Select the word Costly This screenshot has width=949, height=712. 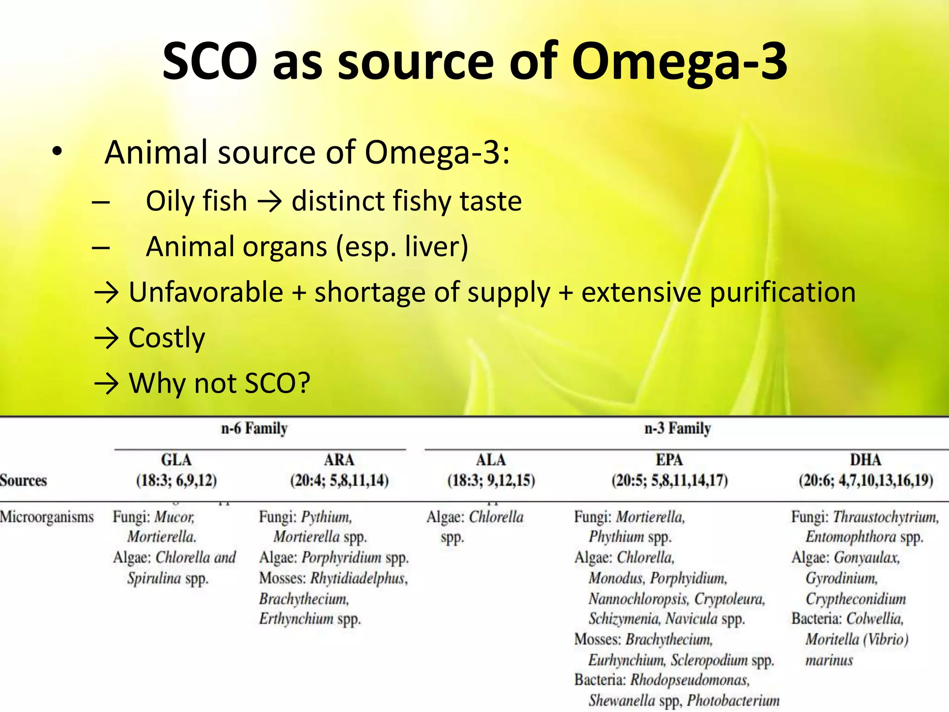(x=166, y=338)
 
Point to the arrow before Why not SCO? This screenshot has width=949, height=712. (x=107, y=384)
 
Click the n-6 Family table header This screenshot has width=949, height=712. (x=254, y=428)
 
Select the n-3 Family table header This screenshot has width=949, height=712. (x=677, y=428)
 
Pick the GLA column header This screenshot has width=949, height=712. (x=176, y=460)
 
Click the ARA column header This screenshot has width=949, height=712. (x=339, y=460)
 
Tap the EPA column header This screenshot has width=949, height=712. (x=669, y=460)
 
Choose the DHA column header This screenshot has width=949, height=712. (x=866, y=460)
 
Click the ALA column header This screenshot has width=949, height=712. (x=491, y=460)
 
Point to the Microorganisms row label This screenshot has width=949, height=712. (x=47, y=517)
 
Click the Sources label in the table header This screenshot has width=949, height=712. (x=23, y=480)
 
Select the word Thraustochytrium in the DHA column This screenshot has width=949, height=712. (x=886, y=517)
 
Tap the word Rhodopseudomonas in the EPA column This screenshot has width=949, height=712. (x=690, y=680)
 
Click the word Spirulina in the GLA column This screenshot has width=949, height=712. (x=154, y=578)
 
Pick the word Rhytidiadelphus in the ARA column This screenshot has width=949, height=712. (x=359, y=578)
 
